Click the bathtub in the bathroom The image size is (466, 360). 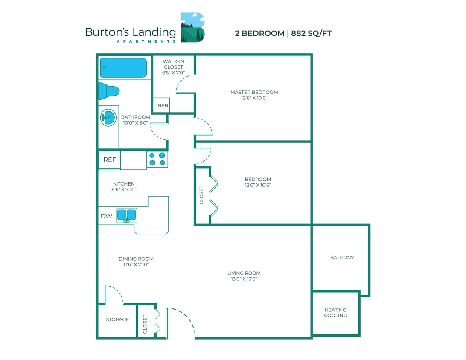coord(123,68)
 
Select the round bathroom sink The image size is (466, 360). coord(108,118)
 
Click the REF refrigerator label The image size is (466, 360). coord(110,160)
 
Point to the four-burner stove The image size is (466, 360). coord(157,159)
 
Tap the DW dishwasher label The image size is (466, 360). coord(106,216)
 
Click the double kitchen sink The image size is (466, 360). coord(127,215)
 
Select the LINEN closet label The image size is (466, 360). coord(161,106)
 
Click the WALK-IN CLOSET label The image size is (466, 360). coord(173,64)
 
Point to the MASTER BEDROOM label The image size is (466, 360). coord(254,92)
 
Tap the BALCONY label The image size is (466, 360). coord(342,258)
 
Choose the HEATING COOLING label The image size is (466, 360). coord(335,313)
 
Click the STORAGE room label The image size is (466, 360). coord(117,319)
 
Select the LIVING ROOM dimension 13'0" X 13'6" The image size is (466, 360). coord(244,279)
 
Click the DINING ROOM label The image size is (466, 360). coord(136,258)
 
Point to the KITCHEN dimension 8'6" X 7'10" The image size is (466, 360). coord(124,189)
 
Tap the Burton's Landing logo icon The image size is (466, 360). coord(192,27)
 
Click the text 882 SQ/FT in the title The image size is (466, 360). coord(311,33)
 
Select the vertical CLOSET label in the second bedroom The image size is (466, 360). coord(202,195)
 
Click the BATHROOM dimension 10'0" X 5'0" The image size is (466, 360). coord(135,123)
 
